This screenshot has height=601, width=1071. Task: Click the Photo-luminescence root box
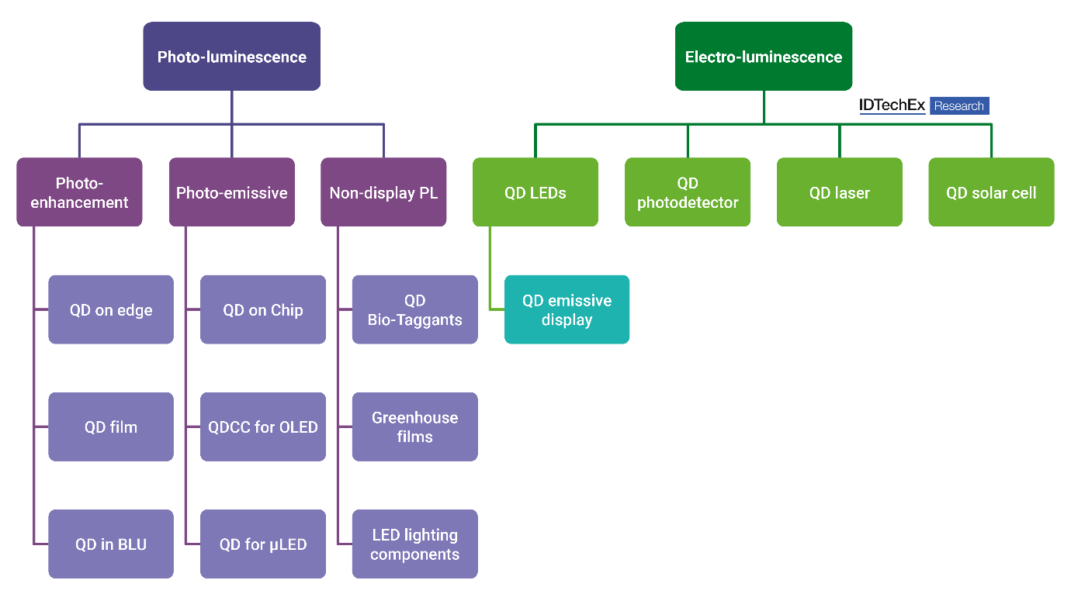(231, 57)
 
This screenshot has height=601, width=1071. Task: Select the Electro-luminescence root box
(763, 57)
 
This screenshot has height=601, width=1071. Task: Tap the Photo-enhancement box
(79, 192)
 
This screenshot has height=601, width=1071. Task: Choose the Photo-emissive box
(231, 192)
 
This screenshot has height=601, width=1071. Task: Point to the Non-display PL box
(383, 192)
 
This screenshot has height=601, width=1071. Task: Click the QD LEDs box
(535, 192)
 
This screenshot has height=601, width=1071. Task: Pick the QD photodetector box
(687, 192)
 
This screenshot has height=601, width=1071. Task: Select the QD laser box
(839, 192)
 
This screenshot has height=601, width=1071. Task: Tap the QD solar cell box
(991, 192)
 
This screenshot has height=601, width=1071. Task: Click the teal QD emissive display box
(567, 309)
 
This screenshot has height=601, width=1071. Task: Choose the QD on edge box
(111, 309)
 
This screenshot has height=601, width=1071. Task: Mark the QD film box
(111, 427)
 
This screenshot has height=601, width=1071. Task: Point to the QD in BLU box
(111, 544)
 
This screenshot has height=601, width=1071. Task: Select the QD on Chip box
(262, 309)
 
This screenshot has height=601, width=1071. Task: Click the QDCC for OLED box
(262, 427)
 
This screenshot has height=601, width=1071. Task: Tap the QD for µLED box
(262, 544)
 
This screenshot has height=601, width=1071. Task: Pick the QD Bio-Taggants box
(414, 309)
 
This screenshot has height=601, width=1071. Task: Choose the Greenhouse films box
(414, 427)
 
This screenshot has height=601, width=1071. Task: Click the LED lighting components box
(414, 544)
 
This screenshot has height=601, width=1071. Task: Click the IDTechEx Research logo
(924, 106)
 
